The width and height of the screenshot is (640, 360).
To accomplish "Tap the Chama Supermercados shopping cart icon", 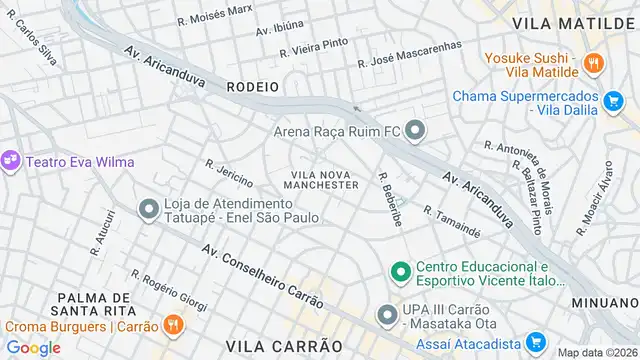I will click(x=613, y=99).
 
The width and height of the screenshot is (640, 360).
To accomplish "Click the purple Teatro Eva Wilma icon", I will click(x=11, y=160).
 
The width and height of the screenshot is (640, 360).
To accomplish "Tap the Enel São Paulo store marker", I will click(x=149, y=208).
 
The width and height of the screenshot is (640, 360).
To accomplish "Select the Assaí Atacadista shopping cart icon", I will click(x=535, y=341).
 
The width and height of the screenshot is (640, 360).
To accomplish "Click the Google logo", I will click(x=33, y=347).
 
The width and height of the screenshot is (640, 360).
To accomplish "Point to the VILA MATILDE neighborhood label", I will click(x=573, y=21).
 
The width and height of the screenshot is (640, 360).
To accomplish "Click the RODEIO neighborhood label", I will click(x=253, y=87).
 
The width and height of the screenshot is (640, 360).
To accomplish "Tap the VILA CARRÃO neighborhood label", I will click(x=285, y=345).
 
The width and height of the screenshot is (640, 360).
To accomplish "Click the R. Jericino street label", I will click(x=229, y=171).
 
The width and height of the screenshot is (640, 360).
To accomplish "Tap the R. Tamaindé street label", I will click(x=452, y=223).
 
